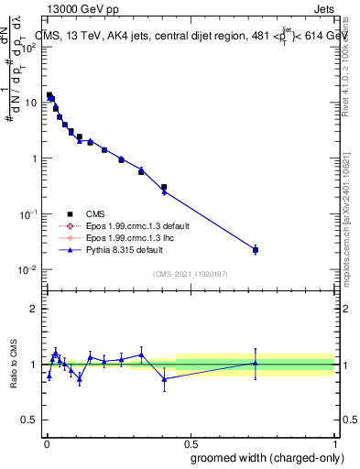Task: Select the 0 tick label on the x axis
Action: click(x=46, y=443)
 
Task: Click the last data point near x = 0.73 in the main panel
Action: click(x=256, y=249)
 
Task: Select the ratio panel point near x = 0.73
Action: click(x=256, y=363)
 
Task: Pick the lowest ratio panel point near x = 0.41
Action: click(x=164, y=378)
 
